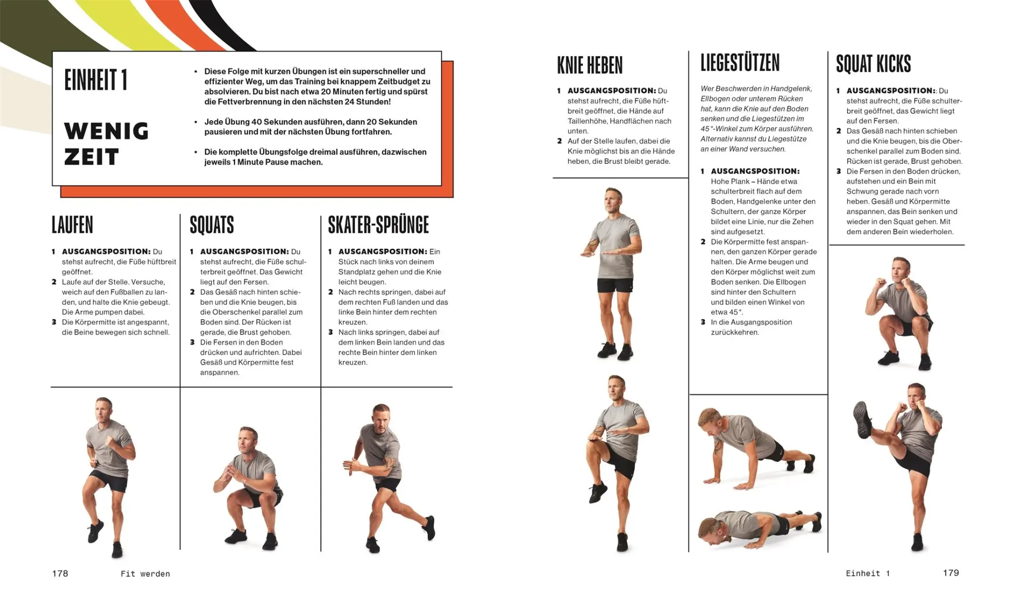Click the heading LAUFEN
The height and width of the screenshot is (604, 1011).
(x=72, y=225)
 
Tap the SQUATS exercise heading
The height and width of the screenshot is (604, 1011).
(x=212, y=225)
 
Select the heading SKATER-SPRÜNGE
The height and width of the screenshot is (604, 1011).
(x=378, y=225)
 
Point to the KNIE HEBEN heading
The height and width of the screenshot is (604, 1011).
(x=590, y=65)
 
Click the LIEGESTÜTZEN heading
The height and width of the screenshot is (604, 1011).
(x=740, y=63)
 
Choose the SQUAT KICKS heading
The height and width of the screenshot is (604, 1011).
(x=874, y=64)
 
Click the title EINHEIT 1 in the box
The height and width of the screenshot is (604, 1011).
(x=96, y=80)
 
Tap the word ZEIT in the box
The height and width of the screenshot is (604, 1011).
(x=91, y=157)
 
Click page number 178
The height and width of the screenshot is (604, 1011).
(x=60, y=573)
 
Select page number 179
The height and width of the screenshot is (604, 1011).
(x=951, y=573)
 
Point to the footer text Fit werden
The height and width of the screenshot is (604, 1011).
(x=146, y=574)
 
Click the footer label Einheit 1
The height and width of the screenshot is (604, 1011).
(x=868, y=573)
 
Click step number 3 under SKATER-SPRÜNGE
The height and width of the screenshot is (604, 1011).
(x=331, y=332)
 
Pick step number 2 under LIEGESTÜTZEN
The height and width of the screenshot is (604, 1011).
(x=703, y=242)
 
